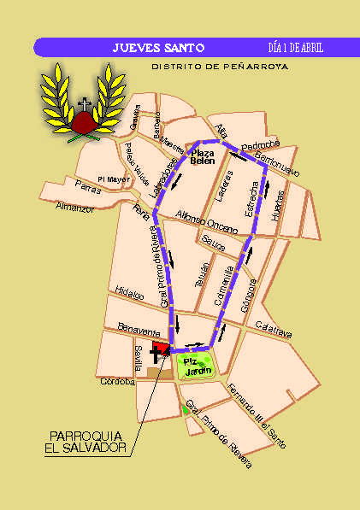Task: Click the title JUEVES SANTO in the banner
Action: point(158,48)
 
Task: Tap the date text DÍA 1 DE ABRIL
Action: point(295,48)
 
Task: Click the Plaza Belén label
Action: point(202,156)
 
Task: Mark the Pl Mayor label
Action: point(114,179)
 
